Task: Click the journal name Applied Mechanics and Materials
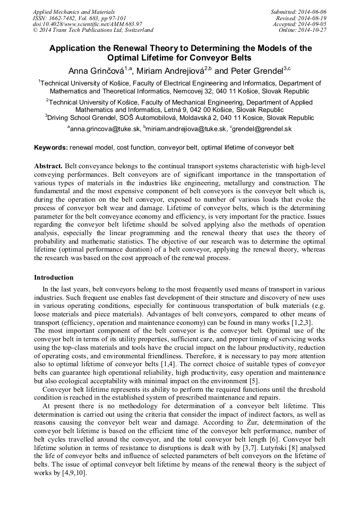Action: coord(74,12)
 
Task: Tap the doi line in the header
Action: coord(87,24)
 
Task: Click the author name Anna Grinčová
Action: coord(97,71)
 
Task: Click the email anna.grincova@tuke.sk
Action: coord(105,129)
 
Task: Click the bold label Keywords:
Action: coord(51,147)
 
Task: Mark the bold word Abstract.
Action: coord(48,166)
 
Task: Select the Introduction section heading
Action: coord(54,278)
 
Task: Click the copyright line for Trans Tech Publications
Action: coord(93,30)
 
